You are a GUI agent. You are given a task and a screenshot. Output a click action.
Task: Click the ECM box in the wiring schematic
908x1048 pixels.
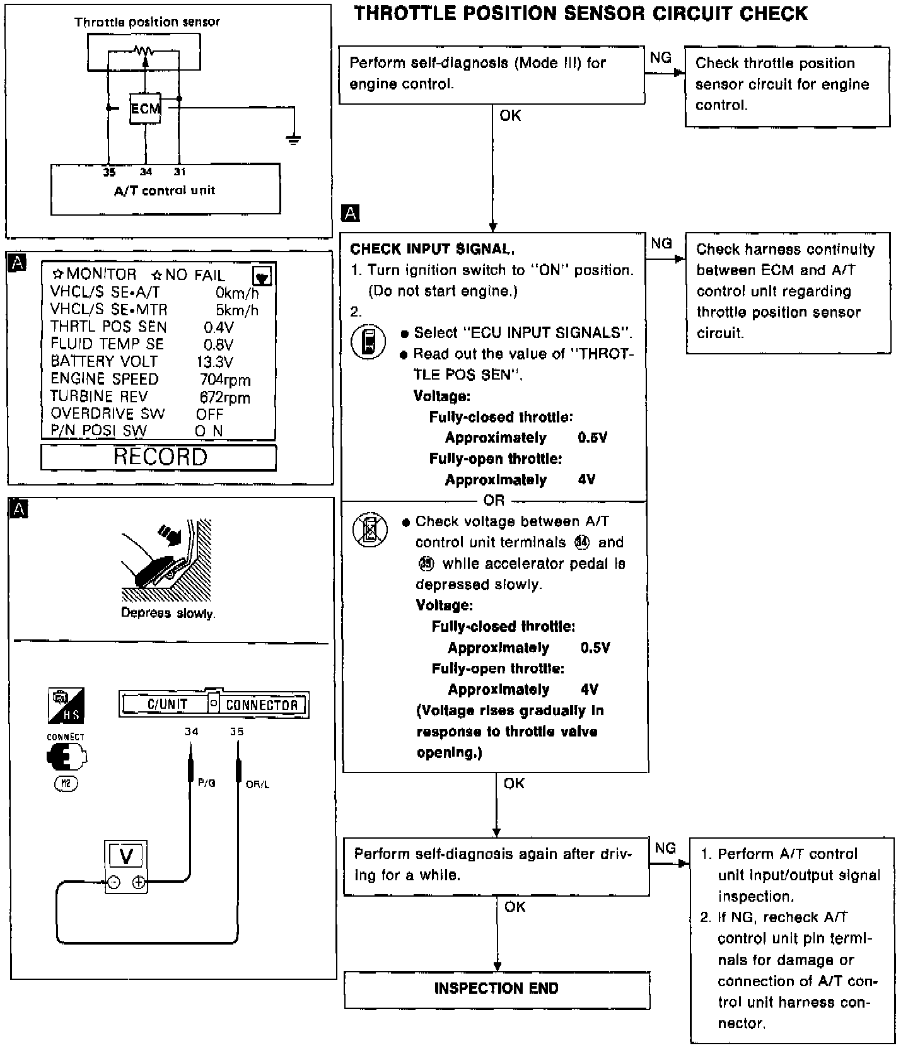coord(146,108)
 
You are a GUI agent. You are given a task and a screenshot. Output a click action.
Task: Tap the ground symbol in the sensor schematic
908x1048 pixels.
coord(293,139)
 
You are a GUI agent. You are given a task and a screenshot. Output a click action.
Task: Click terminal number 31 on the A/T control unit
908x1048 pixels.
coord(180,172)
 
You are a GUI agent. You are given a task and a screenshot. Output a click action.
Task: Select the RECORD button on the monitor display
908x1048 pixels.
coord(159,457)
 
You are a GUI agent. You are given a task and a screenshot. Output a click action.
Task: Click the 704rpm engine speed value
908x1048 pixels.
coord(225,380)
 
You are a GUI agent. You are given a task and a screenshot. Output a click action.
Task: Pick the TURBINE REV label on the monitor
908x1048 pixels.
coord(99,397)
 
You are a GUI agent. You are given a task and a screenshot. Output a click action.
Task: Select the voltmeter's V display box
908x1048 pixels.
coord(126,856)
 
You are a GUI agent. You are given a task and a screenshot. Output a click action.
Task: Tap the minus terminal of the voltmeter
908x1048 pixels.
coord(113,883)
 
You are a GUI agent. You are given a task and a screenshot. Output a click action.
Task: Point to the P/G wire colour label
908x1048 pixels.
coord(207,783)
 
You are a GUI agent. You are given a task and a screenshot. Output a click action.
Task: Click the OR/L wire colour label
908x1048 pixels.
coord(257,784)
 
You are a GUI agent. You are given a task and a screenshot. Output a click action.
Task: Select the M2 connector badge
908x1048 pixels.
coord(66,784)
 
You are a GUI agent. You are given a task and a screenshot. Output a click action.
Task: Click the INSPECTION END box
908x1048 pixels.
coord(496,988)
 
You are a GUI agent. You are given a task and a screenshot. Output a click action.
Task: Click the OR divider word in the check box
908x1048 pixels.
coord(494,501)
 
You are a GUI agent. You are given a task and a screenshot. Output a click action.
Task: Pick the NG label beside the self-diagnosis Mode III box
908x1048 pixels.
coord(661,58)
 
